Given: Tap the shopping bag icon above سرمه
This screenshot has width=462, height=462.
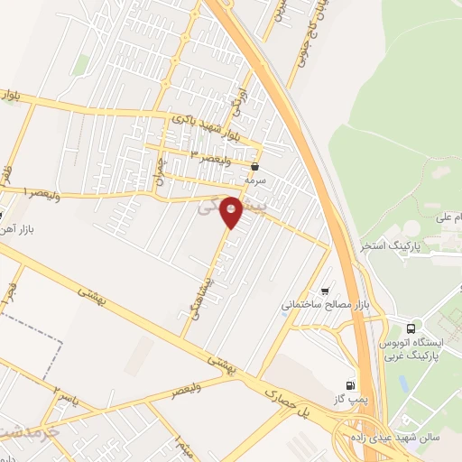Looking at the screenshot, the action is (255, 166).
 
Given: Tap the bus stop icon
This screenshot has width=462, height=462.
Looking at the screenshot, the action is (412, 328).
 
